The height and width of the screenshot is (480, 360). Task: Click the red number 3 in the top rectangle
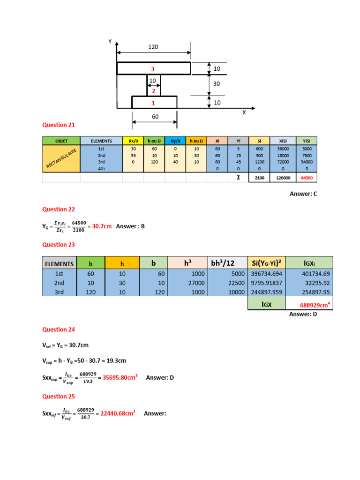pyautogui.click(x=152, y=69)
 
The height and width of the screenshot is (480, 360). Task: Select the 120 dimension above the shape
pyautogui.click(x=153, y=47)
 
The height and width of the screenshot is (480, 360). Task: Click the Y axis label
pyautogui.click(x=111, y=42)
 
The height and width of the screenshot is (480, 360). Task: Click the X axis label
pyautogui.click(x=244, y=113)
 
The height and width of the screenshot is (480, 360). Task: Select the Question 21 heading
pyautogui.click(x=59, y=125)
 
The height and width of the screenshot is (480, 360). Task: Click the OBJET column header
pyautogui.click(x=61, y=141)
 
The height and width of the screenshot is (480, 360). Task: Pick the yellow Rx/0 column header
pyautogui.click(x=133, y=141)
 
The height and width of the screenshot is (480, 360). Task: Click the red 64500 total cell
pyautogui.click(x=306, y=178)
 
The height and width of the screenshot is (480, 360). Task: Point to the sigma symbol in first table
pyautogui.click(x=239, y=178)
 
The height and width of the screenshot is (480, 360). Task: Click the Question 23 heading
pyautogui.click(x=59, y=245)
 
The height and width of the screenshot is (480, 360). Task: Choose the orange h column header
pyautogui.click(x=122, y=264)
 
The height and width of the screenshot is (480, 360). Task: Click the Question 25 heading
pyautogui.click(x=59, y=397)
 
